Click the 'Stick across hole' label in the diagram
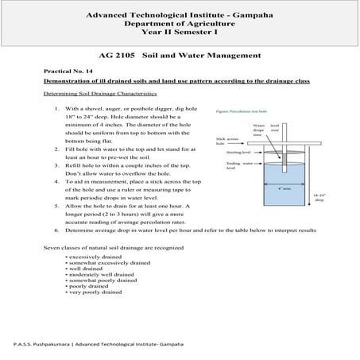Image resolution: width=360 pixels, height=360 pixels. click(x=225, y=141)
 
